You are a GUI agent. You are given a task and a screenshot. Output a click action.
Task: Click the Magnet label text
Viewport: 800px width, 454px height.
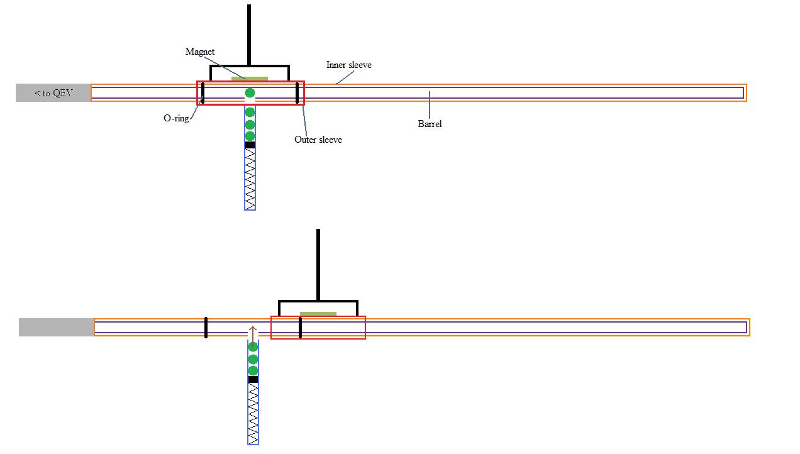(x=200, y=52)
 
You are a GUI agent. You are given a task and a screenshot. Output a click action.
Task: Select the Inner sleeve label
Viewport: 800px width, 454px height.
(x=348, y=65)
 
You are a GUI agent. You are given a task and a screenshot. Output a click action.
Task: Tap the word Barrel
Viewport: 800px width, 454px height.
(x=430, y=124)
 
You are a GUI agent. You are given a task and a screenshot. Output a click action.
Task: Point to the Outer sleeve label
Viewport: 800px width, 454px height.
(x=318, y=140)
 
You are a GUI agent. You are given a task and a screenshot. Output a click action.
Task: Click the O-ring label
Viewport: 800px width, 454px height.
(x=176, y=118)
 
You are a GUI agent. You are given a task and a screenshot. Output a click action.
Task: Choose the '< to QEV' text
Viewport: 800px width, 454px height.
(x=53, y=93)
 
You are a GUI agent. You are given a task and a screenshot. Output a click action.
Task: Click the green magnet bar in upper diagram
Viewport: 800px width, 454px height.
(x=250, y=79)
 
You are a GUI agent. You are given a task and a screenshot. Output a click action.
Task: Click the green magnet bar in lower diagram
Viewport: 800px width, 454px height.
(x=318, y=314)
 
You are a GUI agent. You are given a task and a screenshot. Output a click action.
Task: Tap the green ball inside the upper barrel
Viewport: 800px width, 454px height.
(x=250, y=93)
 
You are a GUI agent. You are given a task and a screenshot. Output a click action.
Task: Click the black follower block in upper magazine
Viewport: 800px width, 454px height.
(x=250, y=145)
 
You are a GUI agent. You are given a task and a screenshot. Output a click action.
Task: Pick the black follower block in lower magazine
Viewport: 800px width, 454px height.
(x=253, y=380)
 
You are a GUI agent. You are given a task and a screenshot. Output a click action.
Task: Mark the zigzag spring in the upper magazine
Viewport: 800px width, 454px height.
(x=250, y=179)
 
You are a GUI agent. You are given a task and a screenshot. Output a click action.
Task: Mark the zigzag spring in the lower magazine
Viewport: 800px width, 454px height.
(x=253, y=413)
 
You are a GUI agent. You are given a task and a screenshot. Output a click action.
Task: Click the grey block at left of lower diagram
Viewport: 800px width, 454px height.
(x=56, y=327)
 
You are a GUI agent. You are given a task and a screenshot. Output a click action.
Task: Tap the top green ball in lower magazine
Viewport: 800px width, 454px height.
(x=253, y=347)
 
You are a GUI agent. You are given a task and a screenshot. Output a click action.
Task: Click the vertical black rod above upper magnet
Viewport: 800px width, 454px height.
(x=249, y=35)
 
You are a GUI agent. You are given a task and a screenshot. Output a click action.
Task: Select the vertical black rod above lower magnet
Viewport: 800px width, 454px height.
(x=318, y=264)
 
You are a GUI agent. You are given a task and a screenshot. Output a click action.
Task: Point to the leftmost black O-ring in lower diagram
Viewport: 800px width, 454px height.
(x=206, y=327)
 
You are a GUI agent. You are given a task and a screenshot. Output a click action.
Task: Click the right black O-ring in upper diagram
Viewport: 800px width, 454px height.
(x=297, y=92)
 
